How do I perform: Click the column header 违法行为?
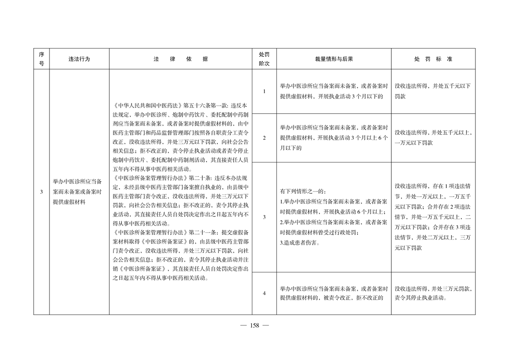pyautogui.click(x=79, y=59)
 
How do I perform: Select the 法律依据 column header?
pyautogui.click(x=181, y=59)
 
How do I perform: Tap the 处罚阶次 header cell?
pyautogui.click(x=264, y=59)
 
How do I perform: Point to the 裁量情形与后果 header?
pyautogui.click(x=334, y=59)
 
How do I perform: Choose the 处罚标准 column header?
pyautogui.click(x=433, y=59)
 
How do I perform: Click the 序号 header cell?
pyautogui.click(x=41, y=59)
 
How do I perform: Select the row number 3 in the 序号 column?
pyautogui.click(x=41, y=192)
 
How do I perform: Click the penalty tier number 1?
pyautogui.click(x=264, y=92)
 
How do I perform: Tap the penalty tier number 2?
pyautogui.click(x=264, y=138)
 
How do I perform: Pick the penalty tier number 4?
pyautogui.click(x=264, y=293)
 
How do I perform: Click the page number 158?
pyautogui.click(x=254, y=325)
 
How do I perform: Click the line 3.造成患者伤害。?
pyautogui.click(x=299, y=243)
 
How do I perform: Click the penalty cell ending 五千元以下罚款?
pyautogui.click(x=433, y=91)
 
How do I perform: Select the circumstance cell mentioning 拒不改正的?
pyautogui.click(x=334, y=293)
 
